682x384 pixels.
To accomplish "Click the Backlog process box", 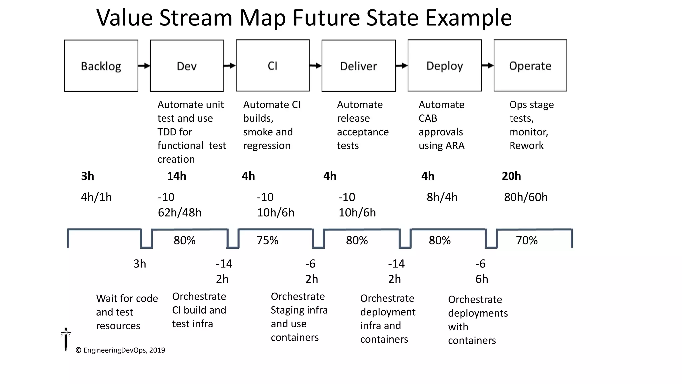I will pos(101,66).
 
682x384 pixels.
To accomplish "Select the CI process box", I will pos(273,65).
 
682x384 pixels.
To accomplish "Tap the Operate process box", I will pos(530,65).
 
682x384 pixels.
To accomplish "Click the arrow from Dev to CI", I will pos(229,66).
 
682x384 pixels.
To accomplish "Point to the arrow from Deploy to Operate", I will pos(487,66).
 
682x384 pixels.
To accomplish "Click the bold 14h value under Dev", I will pos(177,176).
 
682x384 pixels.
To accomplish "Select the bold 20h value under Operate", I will pos(511,176).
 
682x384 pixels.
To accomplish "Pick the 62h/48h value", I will pos(179,212).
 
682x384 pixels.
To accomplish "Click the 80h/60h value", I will pos(525,197).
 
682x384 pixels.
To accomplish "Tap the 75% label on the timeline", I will pos(267,240).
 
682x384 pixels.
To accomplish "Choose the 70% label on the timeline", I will pos(527,240).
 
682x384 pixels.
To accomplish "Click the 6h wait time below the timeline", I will pos(482,279).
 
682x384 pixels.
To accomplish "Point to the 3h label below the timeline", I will pos(140,264).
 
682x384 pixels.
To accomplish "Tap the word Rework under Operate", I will pos(526,146).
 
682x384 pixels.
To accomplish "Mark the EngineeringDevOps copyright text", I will pos(120,350).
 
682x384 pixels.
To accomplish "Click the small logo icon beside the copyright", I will pos(66,338).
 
